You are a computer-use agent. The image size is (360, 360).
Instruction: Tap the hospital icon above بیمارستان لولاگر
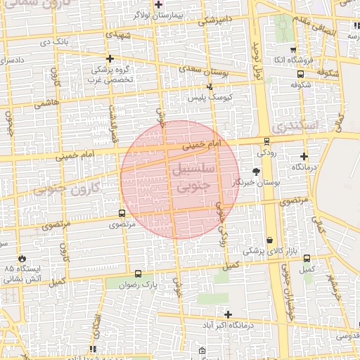tap(159, 4)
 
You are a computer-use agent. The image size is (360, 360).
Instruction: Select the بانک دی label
tap(55, 42)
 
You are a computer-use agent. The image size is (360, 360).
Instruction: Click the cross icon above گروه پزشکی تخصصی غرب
tap(109, 58)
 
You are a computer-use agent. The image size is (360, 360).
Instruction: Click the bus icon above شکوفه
tap(301, 74)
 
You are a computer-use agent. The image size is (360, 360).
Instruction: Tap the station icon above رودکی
tap(266, 141)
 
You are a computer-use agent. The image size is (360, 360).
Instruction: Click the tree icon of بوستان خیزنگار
tap(256, 172)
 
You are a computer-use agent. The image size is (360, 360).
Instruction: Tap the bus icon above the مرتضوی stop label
tap(122, 214)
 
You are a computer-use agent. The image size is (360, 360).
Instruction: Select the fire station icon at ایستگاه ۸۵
tap(22, 259)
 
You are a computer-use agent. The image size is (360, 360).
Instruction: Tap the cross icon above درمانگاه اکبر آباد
tap(228, 314)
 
